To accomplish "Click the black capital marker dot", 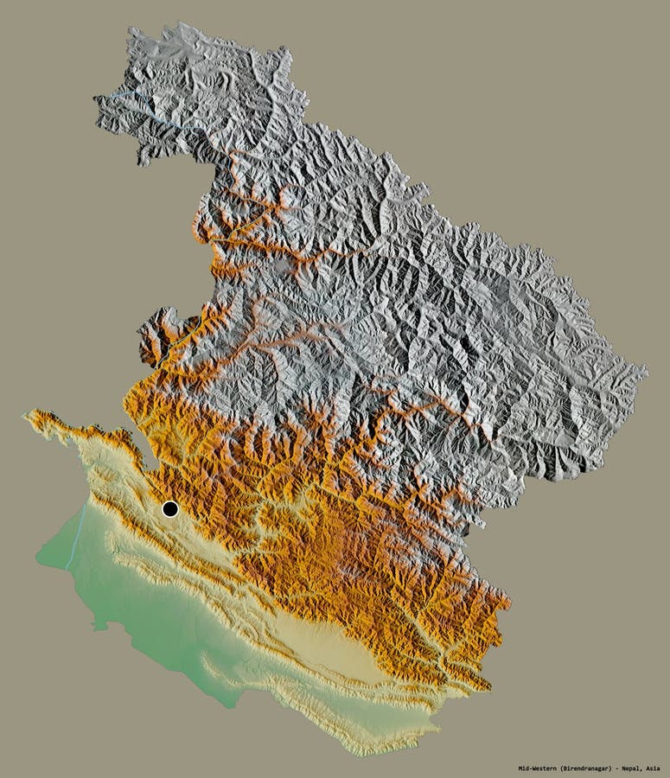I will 170,508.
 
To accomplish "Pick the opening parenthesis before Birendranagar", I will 561,768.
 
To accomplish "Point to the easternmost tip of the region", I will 646,372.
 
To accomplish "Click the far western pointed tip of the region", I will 24,415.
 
